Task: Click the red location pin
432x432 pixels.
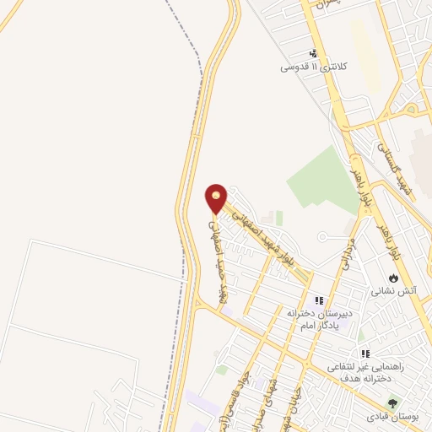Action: point(217,198)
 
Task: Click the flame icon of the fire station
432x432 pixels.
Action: point(392,278)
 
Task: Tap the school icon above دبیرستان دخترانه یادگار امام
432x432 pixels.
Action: point(319,300)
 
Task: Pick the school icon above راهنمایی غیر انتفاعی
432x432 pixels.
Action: point(364,354)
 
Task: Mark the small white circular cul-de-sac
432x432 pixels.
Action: point(323,237)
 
